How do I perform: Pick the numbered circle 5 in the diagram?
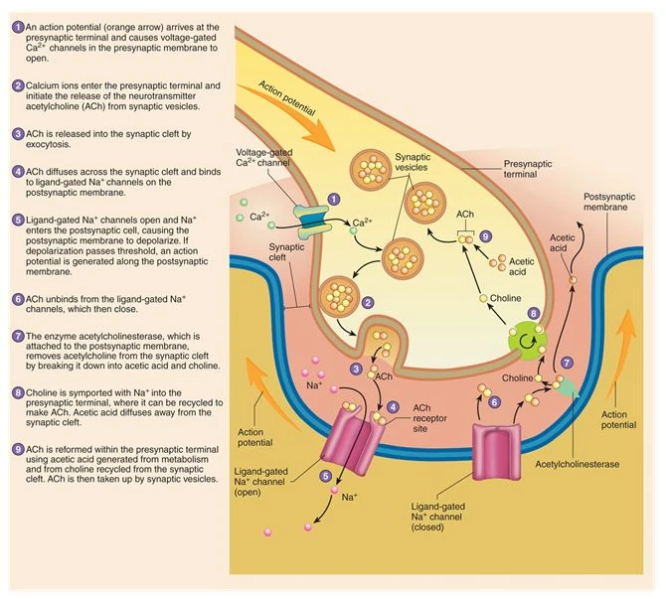coord(325,478)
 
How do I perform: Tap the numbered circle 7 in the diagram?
coord(567,365)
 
